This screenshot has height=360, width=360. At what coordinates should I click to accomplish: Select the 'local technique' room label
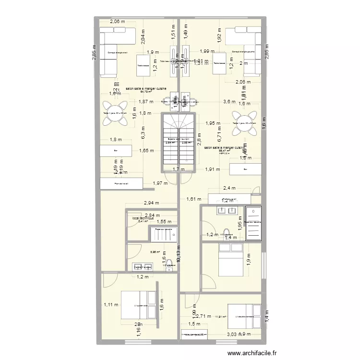click(x=143, y=217)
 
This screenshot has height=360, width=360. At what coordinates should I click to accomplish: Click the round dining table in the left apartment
click(x=115, y=113)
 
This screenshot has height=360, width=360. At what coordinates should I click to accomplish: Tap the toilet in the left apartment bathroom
click(x=168, y=267)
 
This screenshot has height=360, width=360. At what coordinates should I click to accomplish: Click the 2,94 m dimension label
click(x=151, y=204)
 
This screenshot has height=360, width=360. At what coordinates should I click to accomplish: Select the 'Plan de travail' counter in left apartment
click(x=121, y=183)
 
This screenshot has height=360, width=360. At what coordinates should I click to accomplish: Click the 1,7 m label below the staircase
click(x=178, y=169)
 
